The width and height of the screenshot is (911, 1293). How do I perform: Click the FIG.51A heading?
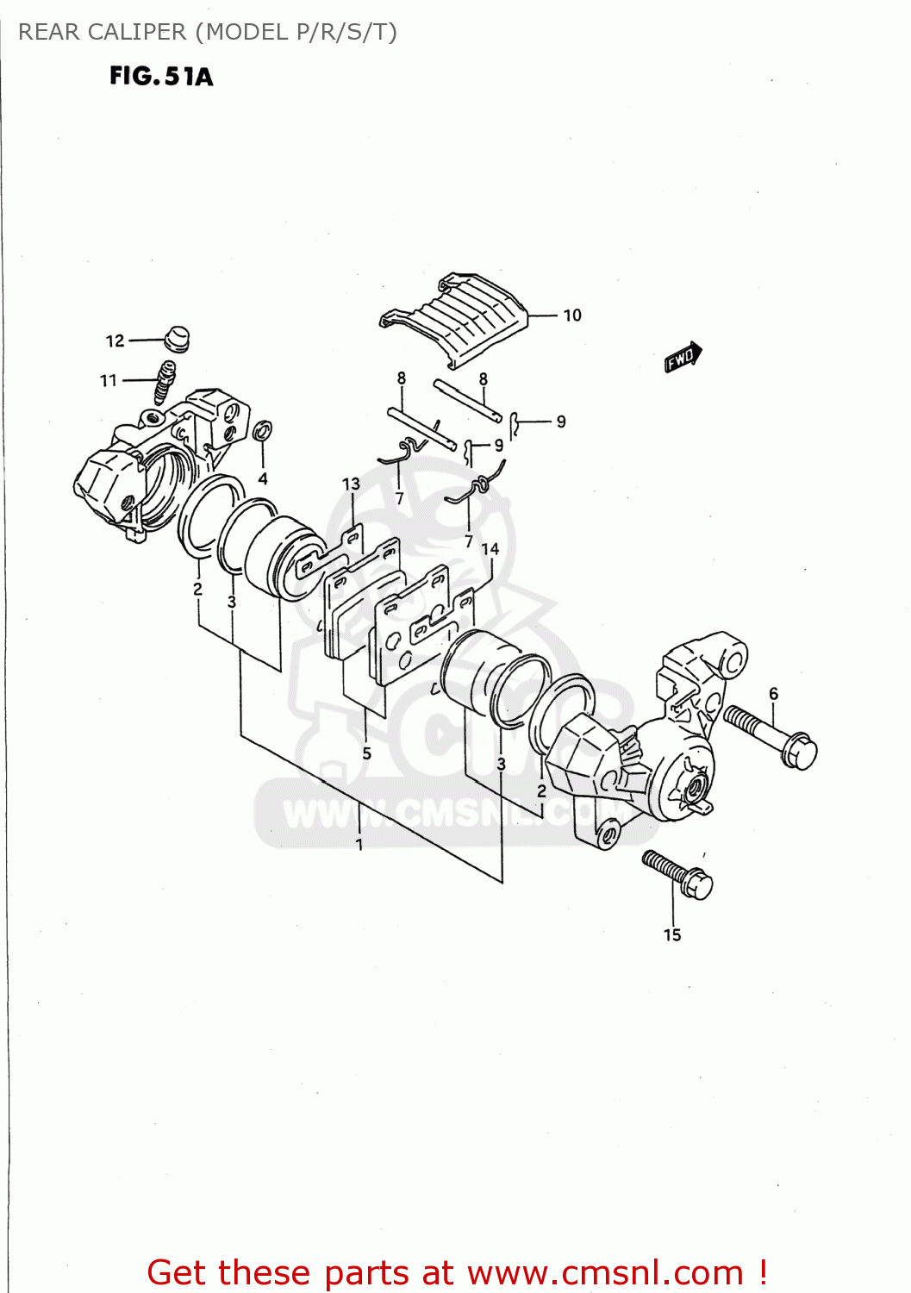tap(161, 77)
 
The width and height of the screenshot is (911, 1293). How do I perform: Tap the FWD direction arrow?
tap(683, 357)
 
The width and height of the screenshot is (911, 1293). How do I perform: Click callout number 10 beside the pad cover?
tap(572, 315)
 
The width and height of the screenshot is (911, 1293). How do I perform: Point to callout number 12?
tap(115, 341)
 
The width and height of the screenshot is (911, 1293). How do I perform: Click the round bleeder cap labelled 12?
tap(176, 339)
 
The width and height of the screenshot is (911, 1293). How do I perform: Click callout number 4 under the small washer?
tap(263, 479)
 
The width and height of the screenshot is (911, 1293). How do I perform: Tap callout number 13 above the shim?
tap(351, 484)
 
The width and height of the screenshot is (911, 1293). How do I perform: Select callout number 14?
tap(490, 549)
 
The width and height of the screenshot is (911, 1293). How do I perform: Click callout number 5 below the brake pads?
tap(366, 753)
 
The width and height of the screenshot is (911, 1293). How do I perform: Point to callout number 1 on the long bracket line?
tap(359, 845)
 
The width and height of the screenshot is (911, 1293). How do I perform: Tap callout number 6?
tap(773, 694)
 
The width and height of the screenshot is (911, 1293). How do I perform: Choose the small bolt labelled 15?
tap(678, 873)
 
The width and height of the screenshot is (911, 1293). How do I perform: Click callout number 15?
tap(672, 935)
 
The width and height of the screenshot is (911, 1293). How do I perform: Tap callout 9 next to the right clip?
tap(561, 422)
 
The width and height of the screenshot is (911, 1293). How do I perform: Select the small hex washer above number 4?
tap(264, 430)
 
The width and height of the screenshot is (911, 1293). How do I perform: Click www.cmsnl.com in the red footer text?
tap(605, 1272)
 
